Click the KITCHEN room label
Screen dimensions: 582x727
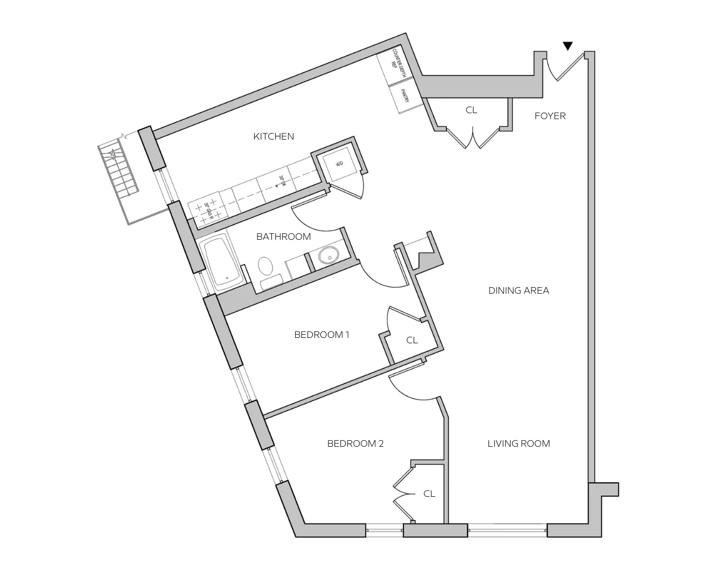coord(274,136)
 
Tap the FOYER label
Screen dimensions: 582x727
coord(550,116)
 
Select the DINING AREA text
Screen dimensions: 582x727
coord(519,290)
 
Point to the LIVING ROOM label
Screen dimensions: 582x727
coord(519,444)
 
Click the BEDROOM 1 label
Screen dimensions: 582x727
coord(321,335)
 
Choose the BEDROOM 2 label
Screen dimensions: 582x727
coord(355,444)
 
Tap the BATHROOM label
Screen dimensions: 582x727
coord(283,237)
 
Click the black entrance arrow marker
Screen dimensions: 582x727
coord(568,46)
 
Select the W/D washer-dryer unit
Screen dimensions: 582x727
coord(339,164)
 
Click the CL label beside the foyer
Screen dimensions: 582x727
coord(471,110)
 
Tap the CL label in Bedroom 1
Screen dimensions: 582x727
coord(412,340)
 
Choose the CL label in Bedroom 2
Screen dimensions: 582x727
coord(429,494)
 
